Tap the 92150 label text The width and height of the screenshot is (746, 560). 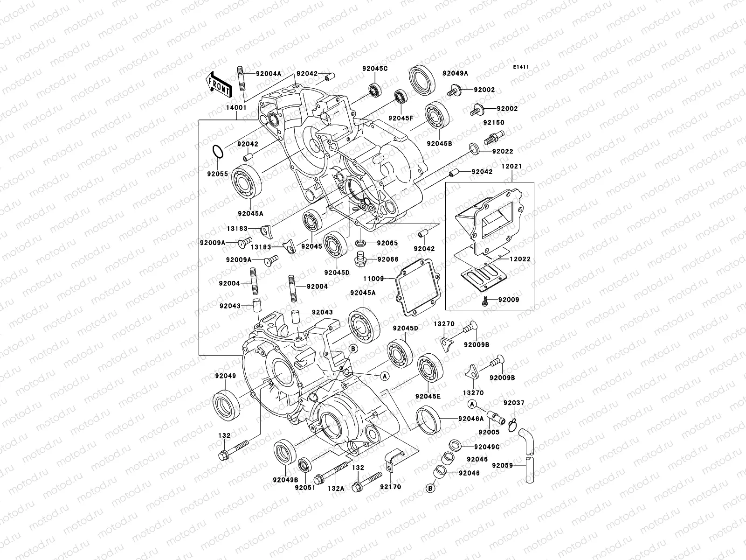tap(493, 123)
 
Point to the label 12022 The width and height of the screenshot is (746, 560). tap(519, 259)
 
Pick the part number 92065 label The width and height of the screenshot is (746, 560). tap(387, 243)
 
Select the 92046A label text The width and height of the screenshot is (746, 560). tap(471, 419)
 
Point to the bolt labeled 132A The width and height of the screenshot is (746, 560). tap(332, 473)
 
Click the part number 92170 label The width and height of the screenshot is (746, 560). tap(390, 487)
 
